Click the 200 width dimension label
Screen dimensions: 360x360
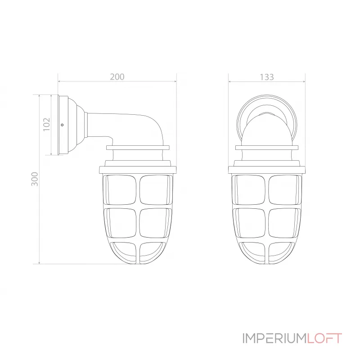click(117, 77)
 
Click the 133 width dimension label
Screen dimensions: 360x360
click(266, 77)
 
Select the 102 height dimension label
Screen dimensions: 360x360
click(46, 124)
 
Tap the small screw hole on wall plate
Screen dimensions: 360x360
click(62, 125)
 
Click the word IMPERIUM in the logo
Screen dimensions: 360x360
click(274, 338)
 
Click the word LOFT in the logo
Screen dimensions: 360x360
click(324, 338)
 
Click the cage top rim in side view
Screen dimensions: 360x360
click(138, 170)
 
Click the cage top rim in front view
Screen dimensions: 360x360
click(267, 170)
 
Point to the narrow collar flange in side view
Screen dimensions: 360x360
click(138, 147)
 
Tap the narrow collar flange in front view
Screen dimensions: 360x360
click(267, 147)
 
